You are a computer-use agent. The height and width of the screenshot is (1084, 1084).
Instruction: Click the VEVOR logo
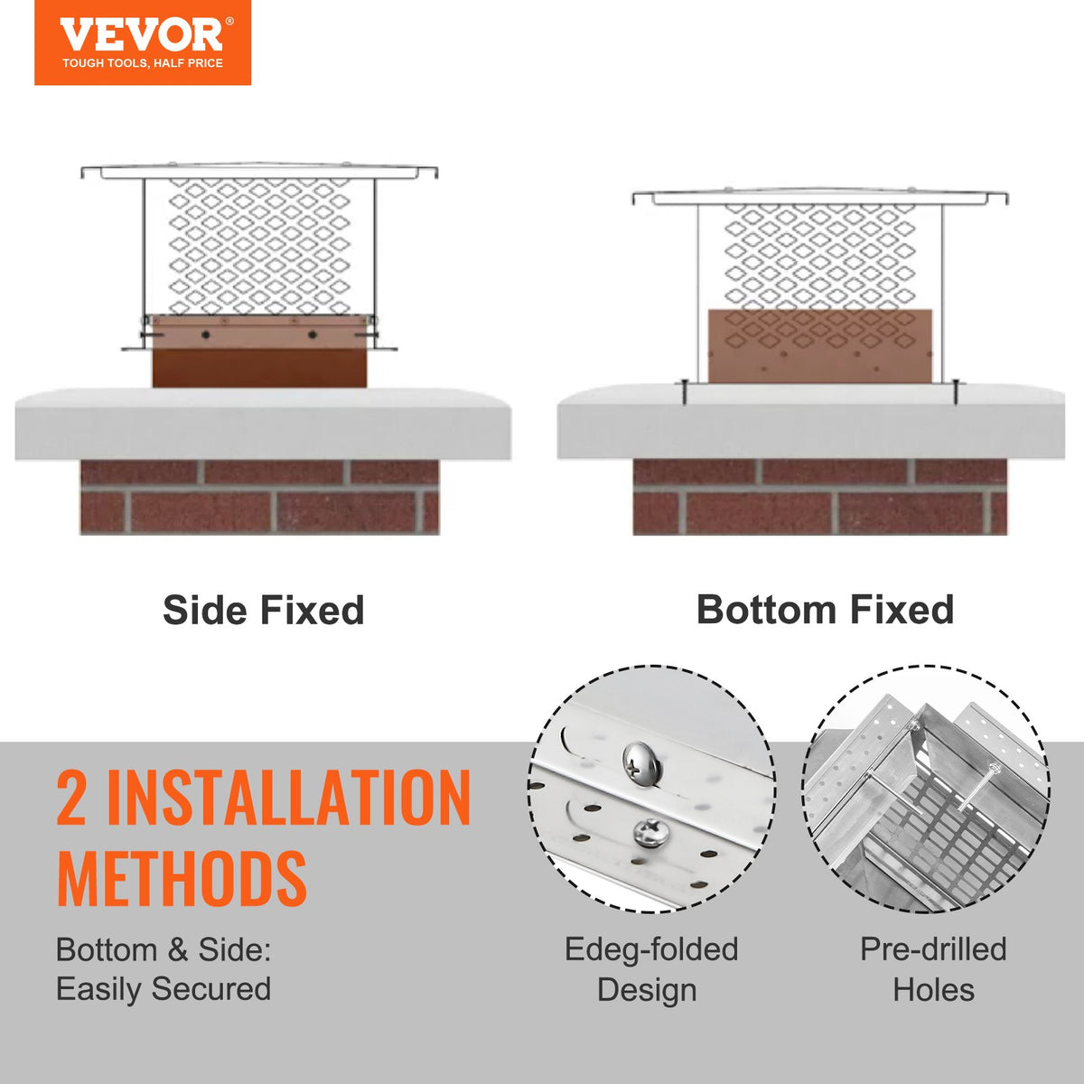(142, 35)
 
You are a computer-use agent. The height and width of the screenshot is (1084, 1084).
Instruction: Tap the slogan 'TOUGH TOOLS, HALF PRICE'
(142, 63)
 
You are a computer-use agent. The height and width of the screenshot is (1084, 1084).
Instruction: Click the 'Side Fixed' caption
(263, 611)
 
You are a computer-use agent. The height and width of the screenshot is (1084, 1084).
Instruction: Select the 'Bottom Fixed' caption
(825, 611)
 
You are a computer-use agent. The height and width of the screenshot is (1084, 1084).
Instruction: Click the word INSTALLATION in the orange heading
(288, 798)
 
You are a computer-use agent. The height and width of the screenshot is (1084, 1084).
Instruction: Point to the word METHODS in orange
(182, 877)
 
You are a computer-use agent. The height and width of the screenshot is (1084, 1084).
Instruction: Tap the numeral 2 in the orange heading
(71, 798)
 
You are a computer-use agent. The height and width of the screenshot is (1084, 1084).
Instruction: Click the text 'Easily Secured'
(164, 989)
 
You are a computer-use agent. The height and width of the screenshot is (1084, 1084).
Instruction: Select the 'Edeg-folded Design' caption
(650, 969)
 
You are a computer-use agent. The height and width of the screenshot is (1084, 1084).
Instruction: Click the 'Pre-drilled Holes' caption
(933, 969)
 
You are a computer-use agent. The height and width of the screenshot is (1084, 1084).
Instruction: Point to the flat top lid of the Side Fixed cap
(259, 170)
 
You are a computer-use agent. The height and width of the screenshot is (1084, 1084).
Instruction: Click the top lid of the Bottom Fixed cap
(820, 196)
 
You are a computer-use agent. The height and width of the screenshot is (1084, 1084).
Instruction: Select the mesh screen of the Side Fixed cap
(259, 244)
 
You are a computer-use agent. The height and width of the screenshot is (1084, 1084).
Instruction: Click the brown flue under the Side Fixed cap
(259, 366)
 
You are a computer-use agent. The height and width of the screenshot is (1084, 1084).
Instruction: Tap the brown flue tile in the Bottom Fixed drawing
(820, 348)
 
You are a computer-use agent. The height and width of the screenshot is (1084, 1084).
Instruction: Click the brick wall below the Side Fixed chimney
(259, 498)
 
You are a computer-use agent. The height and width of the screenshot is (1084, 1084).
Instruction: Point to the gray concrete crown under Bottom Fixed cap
(810, 425)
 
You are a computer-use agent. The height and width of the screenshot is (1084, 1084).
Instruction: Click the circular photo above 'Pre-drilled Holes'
(926, 789)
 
